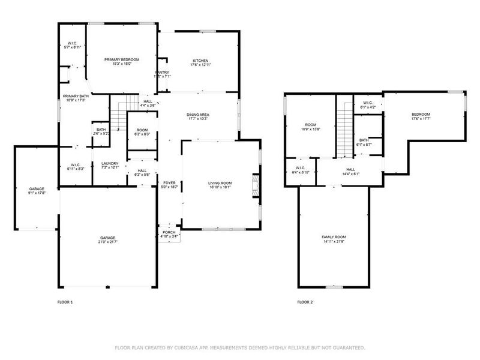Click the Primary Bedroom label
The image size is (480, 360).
tap(122, 60)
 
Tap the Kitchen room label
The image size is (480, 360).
tap(200, 60)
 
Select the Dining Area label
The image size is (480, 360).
tap(197, 115)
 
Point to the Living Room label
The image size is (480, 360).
tap(220, 183)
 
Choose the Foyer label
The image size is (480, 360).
tap(169, 183)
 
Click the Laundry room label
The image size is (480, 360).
tap(110, 163)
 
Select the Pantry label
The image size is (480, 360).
tap(163, 73)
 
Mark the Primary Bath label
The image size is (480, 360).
tap(76, 96)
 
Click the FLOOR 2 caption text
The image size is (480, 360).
tap(305, 302)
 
